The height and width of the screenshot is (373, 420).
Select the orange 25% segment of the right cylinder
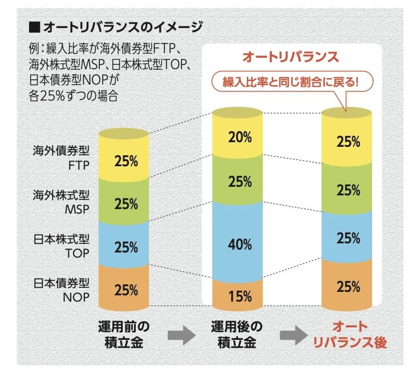(x=349, y=285)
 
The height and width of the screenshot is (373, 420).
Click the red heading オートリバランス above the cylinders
(x=290, y=57)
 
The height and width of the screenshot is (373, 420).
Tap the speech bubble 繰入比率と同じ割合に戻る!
(x=292, y=81)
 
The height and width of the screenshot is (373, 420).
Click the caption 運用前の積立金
(x=124, y=335)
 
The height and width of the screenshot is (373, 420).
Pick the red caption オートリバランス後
(x=350, y=335)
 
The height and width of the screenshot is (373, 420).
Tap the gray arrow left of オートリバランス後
(x=293, y=336)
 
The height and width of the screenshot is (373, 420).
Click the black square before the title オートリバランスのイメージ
(x=34, y=26)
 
